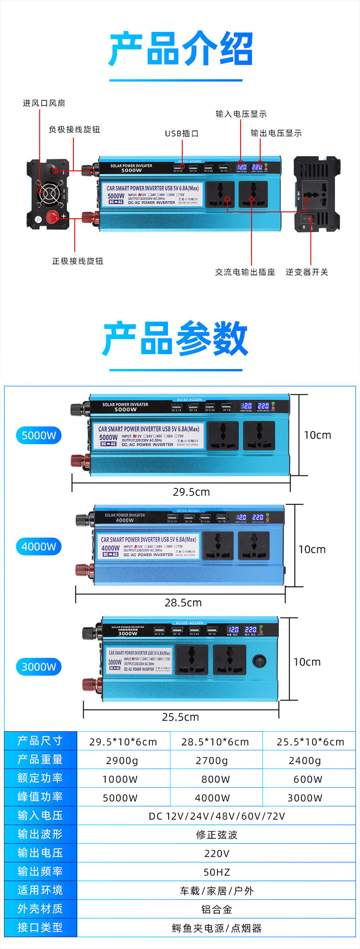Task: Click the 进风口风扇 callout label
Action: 44,103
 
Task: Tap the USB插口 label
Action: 181,133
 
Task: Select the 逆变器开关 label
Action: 307,272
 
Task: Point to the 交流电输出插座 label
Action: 245,272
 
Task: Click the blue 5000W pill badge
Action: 39,435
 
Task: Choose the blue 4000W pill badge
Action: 39,546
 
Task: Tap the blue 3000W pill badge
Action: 39,666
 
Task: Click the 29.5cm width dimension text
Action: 191,492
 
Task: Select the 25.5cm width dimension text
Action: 180,717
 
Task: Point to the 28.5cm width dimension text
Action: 183,603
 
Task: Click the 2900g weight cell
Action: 122,760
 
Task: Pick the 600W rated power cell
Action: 308,779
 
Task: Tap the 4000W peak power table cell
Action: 212,798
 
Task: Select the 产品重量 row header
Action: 40,759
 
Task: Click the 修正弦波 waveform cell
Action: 216,835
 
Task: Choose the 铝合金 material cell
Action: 216,909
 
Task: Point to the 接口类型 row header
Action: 40,927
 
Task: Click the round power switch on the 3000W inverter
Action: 259,662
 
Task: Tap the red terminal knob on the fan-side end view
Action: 51,215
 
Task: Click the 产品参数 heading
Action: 175,339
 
